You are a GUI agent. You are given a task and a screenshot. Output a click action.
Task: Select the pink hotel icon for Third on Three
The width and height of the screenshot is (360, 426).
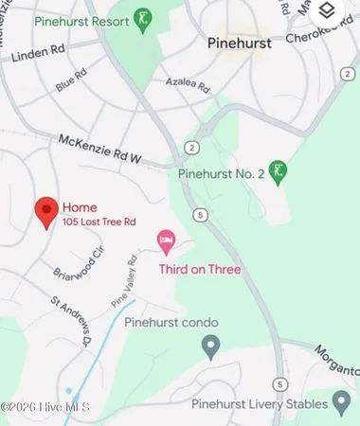[168, 242]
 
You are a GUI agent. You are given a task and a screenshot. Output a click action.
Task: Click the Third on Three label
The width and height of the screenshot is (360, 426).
[200, 269]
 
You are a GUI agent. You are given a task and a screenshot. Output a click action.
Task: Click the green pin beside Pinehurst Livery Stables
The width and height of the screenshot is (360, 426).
[341, 403]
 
